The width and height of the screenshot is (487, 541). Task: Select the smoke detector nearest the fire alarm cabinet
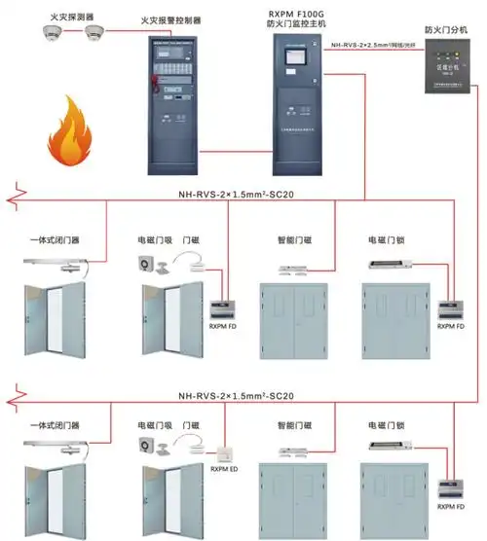[x=94, y=33]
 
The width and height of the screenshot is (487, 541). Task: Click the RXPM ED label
[x=225, y=471]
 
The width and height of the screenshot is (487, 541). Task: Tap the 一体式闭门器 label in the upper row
[x=55, y=237]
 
